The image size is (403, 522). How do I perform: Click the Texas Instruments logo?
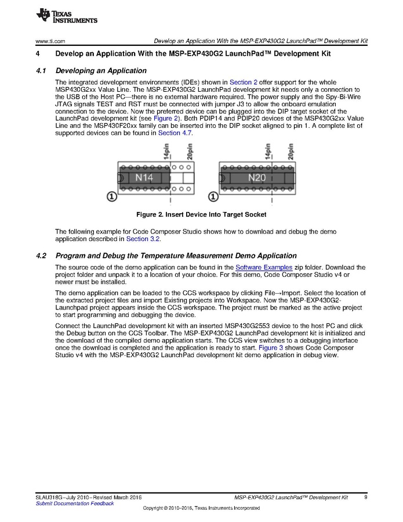point(67,16)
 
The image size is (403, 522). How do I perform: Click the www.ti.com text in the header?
point(49,41)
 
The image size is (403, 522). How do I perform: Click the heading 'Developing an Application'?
point(101,71)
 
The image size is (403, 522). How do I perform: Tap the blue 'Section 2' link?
point(244,82)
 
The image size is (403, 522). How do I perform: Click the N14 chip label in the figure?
point(144,177)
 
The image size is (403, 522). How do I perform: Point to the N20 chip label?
point(256,177)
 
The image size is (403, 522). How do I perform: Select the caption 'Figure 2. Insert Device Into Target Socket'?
point(201,215)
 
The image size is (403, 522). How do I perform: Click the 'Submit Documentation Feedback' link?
point(75,503)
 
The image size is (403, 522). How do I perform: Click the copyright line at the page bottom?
point(201,509)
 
